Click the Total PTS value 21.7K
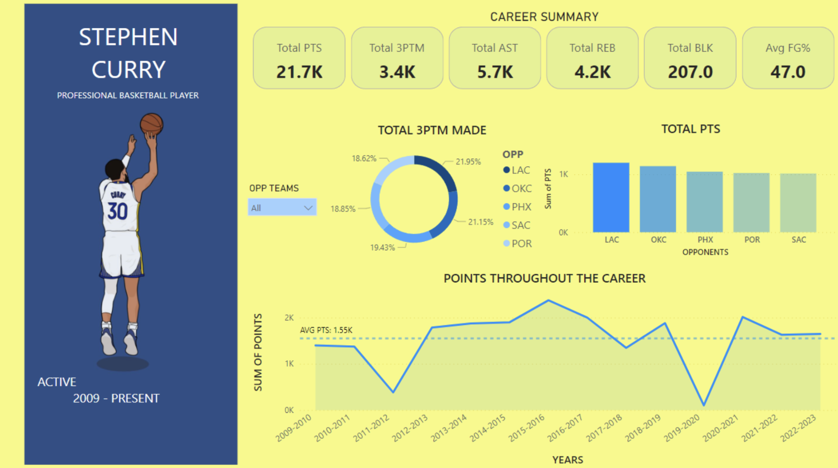(299, 72)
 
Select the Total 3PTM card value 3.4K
(397, 72)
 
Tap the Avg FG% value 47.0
(787, 72)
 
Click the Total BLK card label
(690, 48)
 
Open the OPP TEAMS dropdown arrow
(308, 208)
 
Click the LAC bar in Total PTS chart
(611, 197)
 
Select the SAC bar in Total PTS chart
(798, 203)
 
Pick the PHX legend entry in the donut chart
(517, 207)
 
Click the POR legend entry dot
(506, 243)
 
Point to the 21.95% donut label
(468, 161)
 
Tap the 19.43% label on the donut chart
(382, 247)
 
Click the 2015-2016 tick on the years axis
(527, 428)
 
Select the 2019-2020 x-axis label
(682, 428)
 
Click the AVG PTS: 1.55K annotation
(326, 330)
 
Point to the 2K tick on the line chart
(289, 318)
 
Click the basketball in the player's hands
(152, 124)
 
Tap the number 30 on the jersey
(117, 211)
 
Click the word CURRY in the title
(128, 70)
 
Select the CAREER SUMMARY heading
(544, 17)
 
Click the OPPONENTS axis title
(705, 252)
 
